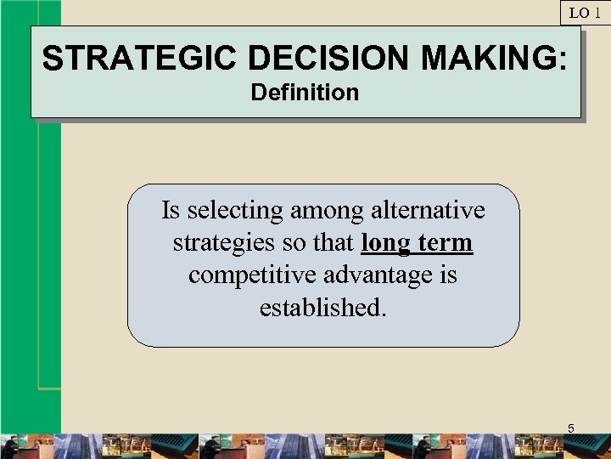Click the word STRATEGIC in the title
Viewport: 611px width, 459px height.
pyautogui.click(x=140, y=58)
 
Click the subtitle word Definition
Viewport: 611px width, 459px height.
pyautogui.click(x=305, y=92)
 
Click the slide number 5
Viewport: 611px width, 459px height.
pyautogui.click(x=570, y=428)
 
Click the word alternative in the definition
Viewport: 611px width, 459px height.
pyautogui.click(x=427, y=210)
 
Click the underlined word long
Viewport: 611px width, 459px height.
pyautogui.click(x=385, y=243)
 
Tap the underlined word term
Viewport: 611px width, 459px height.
pyautogui.click(x=445, y=243)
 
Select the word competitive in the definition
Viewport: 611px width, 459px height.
pyautogui.click(x=250, y=275)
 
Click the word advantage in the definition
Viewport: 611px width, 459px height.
pyautogui.click(x=378, y=275)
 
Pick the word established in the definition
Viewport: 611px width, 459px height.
pyautogui.click(x=321, y=308)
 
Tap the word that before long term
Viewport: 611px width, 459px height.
pyautogui.click(x=335, y=243)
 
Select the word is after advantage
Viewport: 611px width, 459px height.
pyautogui.click(x=448, y=275)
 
